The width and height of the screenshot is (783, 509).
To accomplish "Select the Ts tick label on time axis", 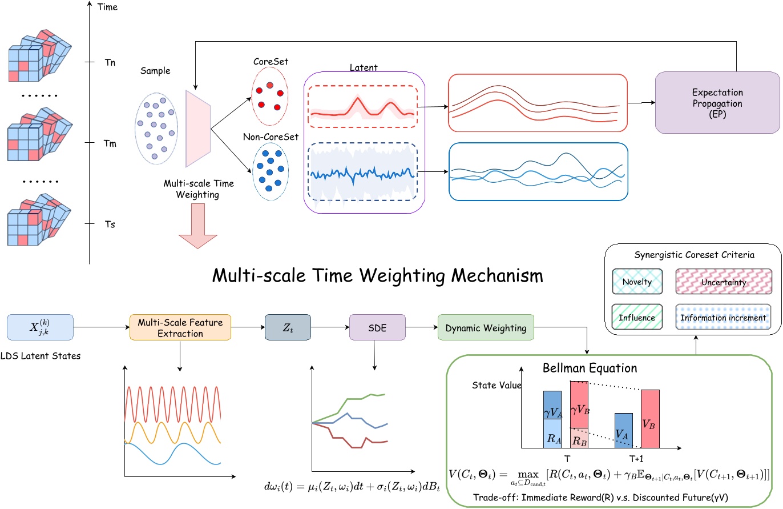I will (x=108, y=225).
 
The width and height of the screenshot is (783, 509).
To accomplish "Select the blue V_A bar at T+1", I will (x=623, y=430).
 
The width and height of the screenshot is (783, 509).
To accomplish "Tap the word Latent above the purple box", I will (x=363, y=68).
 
